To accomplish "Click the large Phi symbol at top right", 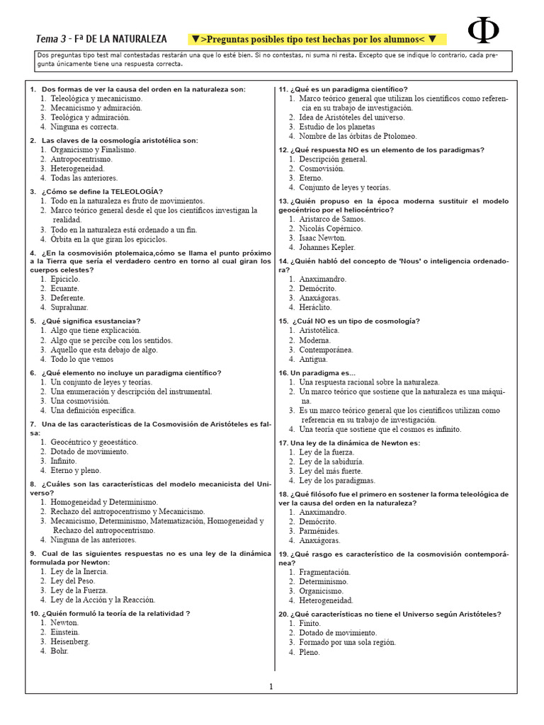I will (484, 30).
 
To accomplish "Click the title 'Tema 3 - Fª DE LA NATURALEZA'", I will (101, 38).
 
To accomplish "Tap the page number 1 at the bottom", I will (271, 686).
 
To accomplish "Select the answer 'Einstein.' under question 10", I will (65, 632).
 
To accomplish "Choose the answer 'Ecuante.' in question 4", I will (66, 288).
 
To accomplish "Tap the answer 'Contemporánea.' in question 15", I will (326, 350).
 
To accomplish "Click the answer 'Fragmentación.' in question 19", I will (324, 571).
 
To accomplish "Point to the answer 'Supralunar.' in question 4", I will (70, 307).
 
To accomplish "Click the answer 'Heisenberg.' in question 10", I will (70, 641).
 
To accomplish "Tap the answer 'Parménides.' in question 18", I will (319, 530).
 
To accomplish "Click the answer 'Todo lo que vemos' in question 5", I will (81, 359).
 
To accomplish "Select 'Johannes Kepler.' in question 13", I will (327, 248).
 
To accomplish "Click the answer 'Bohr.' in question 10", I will (59, 651).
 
